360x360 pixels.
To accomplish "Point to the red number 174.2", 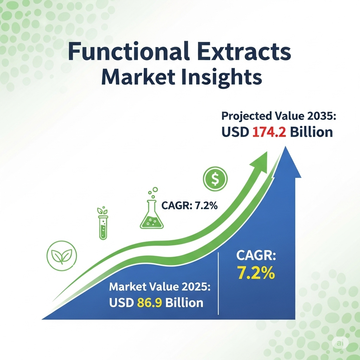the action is pos(269,132).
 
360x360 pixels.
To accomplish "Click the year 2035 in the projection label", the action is pos(321,116).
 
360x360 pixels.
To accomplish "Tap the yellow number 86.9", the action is pos(149,302).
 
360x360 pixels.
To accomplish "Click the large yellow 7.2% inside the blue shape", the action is pos(256,272).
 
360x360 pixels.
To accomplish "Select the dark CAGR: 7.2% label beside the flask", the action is pos(189,205).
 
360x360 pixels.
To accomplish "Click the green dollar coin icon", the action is pos(215,179).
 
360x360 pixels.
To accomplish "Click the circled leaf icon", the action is pos(62,256).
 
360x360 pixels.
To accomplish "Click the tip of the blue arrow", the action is pos(285,147).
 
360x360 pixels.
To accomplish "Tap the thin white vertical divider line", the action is pos(218,283).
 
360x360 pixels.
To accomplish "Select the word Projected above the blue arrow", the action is pos(246,116).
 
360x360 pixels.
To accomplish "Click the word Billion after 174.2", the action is pos(311,132).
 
